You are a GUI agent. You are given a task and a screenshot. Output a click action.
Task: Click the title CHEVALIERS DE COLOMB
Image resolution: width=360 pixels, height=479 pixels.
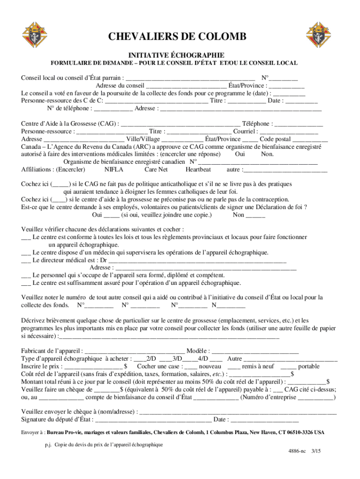(x=177, y=38)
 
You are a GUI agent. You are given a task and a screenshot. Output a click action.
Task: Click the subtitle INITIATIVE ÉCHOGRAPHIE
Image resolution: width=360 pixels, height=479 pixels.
(x=176, y=55)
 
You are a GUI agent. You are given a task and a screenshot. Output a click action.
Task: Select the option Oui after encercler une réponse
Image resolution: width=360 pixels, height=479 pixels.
(x=240, y=154)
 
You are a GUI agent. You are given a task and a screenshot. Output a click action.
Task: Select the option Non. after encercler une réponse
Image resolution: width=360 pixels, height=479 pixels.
(x=267, y=154)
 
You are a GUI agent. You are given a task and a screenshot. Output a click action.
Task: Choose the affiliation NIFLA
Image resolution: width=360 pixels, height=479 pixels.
(x=114, y=169)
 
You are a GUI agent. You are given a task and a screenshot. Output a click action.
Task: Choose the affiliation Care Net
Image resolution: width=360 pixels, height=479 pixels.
(x=156, y=169)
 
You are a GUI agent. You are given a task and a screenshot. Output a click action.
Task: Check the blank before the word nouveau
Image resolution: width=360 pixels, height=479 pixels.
(x=191, y=367)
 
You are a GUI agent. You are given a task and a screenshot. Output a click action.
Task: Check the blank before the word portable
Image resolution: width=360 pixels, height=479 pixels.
(x=288, y=367)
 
